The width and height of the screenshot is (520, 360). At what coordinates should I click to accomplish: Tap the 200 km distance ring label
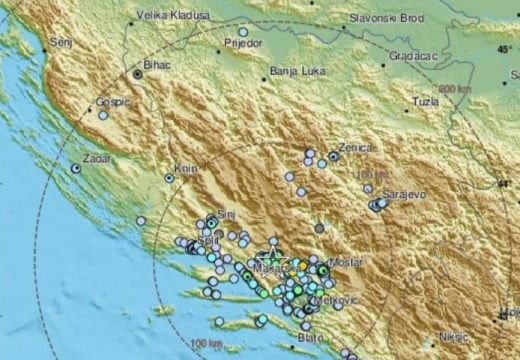pyautogui.click(x=454, y=90)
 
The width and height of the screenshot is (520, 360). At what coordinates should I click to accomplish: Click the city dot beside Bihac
pyautogui.click(x=137, y=74)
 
